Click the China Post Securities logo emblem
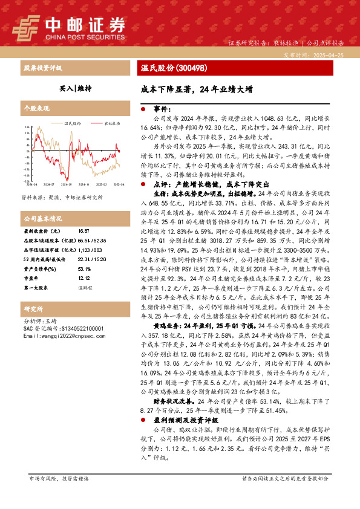tap(26, 25)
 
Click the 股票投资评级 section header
tap(42, 68)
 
